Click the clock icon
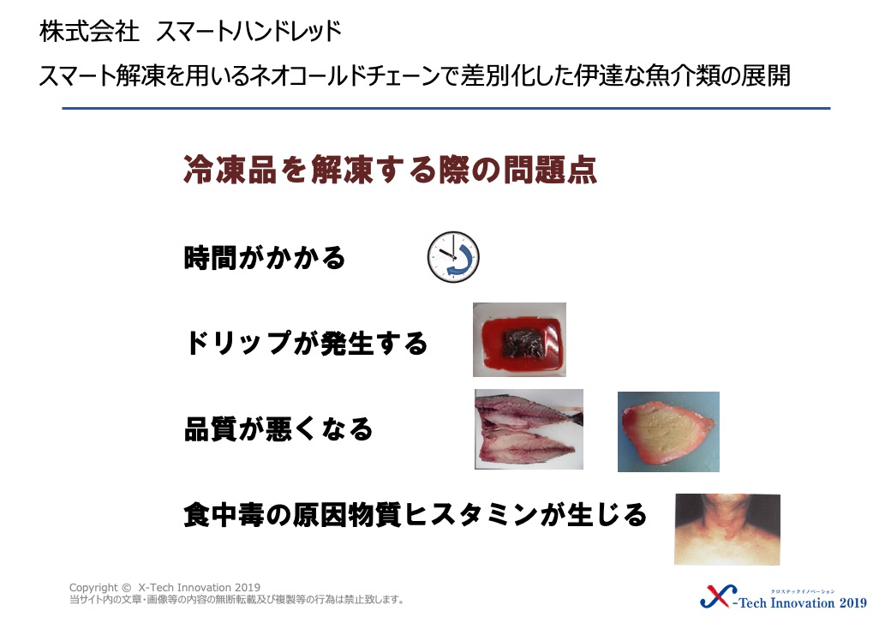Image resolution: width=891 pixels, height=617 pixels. [x=453, y=257]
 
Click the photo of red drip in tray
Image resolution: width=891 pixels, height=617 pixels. [x=519, y=339]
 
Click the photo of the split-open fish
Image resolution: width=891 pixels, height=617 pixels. [x=529, y=429]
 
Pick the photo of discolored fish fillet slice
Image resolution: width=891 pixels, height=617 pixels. [x=668, y=432]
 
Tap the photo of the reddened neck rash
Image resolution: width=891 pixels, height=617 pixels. [x=727, y=529]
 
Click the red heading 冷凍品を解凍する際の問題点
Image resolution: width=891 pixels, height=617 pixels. [x=390, y=170]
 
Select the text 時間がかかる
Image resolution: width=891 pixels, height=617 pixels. [x=265, y=257]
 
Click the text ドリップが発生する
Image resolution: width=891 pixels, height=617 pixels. [x=307, y=343]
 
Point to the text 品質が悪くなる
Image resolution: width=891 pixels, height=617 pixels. [x=278, y=429]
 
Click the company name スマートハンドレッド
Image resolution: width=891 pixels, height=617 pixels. [x=249, y=31]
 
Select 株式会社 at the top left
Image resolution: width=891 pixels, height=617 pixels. [x=89, y=31]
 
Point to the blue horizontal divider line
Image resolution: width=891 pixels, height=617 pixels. [x=446, y=108]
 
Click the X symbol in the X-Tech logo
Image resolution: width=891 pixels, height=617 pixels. [x=718, y=596]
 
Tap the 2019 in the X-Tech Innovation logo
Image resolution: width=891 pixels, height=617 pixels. [x=852, y=602]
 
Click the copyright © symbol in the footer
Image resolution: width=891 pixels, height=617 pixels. [x=126, y=588]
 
